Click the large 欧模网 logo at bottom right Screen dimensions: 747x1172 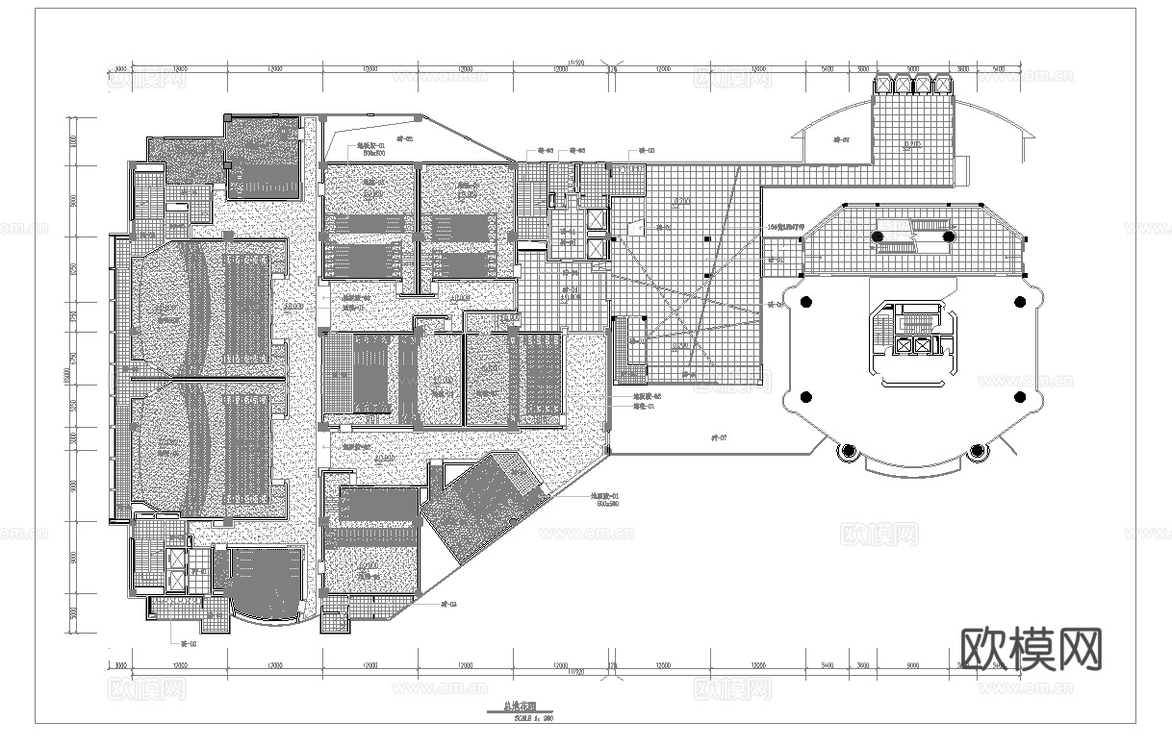[x=1032, y=649]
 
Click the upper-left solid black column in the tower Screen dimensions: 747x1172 [x=804, y=300]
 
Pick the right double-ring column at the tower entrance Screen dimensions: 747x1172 [x=977, y=450]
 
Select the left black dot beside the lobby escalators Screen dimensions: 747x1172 [x=878, y=236]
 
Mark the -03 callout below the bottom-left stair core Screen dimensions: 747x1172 [x=190, y=642]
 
